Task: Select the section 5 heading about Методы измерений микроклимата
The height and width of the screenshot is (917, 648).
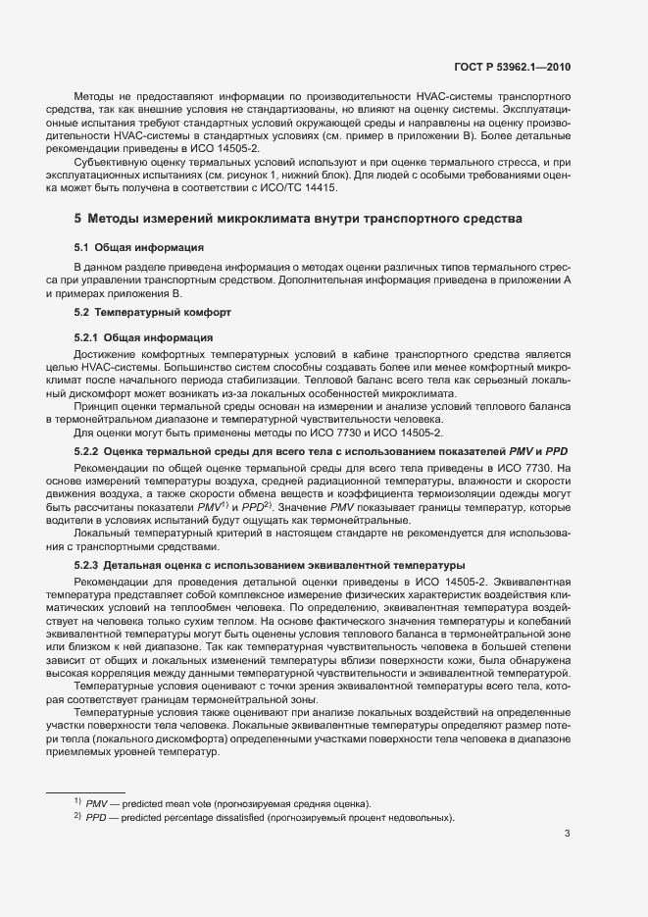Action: [299, 217]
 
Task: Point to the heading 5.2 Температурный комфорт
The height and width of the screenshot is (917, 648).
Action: [152, 312]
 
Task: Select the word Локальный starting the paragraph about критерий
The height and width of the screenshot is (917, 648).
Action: [104, 531]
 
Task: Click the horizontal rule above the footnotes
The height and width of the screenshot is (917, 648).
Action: [86, 790]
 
